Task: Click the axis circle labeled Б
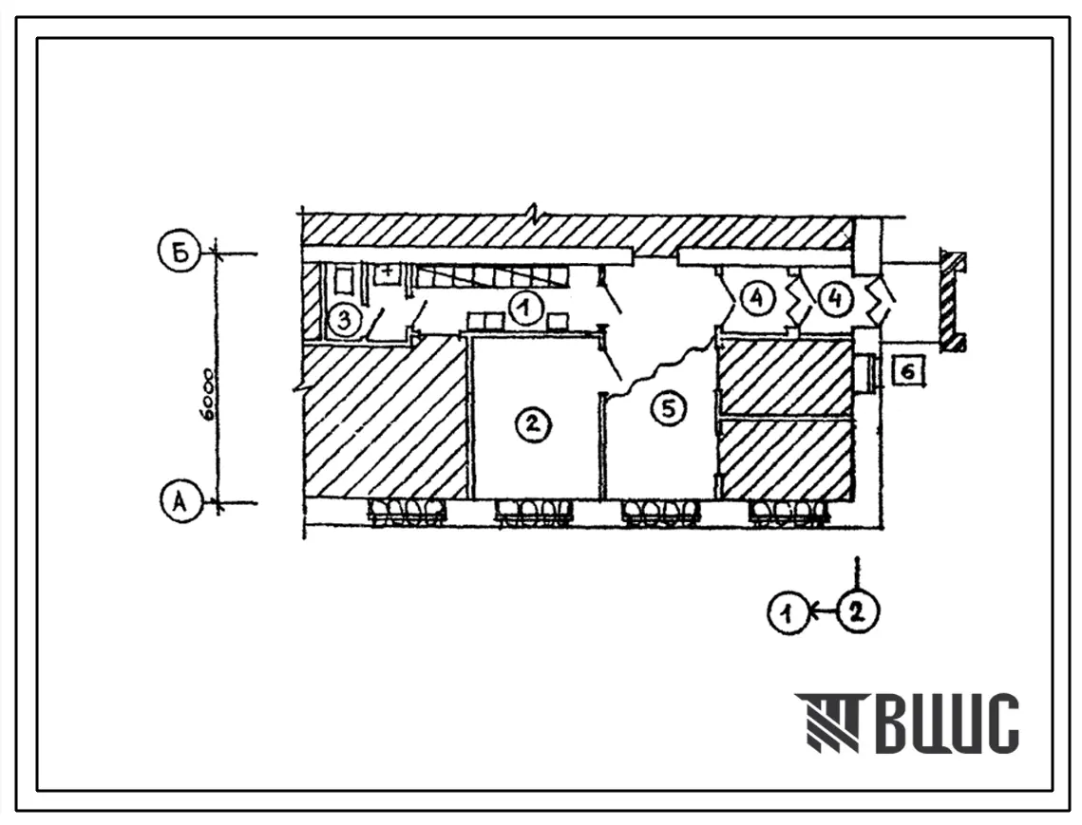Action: pos(180,253)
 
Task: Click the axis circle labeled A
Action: pos(180,502)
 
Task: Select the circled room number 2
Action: pos(533,423)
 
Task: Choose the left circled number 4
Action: pos(757,299)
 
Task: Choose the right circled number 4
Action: pos(835,299)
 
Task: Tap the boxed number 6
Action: pos(908,371)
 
